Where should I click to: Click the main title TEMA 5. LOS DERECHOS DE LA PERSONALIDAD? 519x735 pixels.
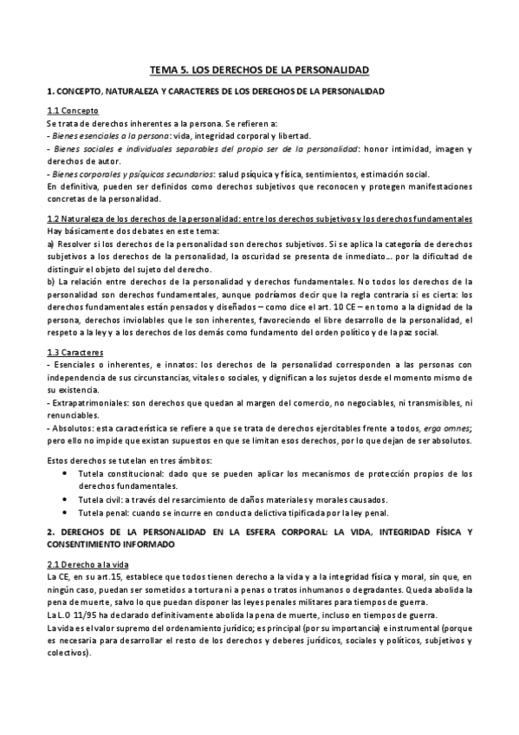click(259, 68)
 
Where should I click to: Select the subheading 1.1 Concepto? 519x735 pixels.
click(73, 112)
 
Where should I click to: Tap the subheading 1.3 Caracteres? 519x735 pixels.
click(76, 353)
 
